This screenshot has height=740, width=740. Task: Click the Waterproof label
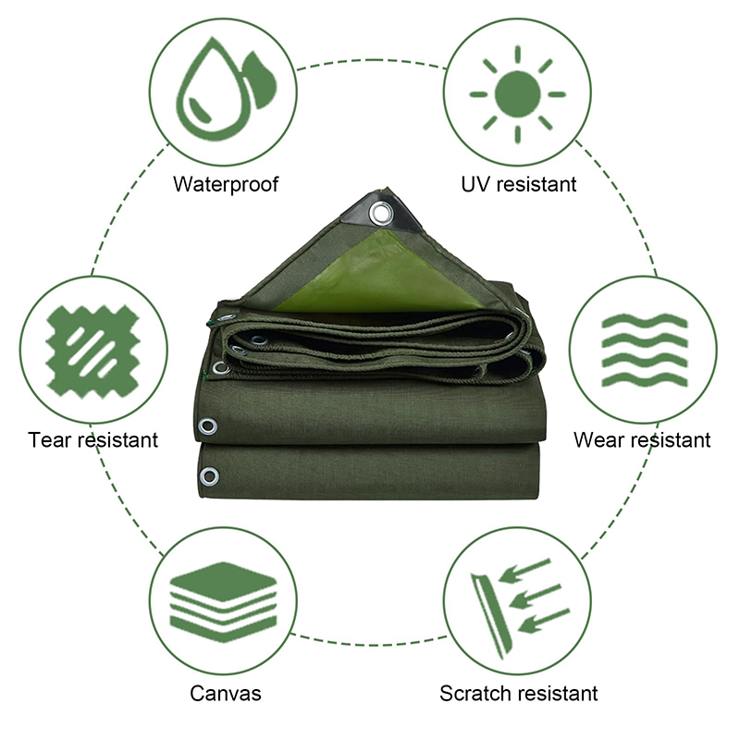click(x=226, y=184)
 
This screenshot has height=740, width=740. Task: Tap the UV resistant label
click(x=518, y=184)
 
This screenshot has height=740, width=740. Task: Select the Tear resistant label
click(x=93, y=440)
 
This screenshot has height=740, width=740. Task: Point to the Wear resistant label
click(x=642, y=440)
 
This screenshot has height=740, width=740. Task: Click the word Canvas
click(x=226, y=693)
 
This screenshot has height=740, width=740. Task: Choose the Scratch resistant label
click(x=518, y=693)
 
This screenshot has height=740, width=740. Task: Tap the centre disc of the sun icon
click(x=518, y=94)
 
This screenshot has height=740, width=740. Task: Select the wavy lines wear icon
click(x=645, y=350)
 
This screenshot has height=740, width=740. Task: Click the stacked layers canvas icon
click(x=223, y=602)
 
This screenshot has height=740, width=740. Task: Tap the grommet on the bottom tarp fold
click(x=209, y=476)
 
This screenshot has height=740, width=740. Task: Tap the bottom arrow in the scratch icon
click(x=544, y=621)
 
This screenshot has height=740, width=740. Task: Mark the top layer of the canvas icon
click(x=223, y=581)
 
